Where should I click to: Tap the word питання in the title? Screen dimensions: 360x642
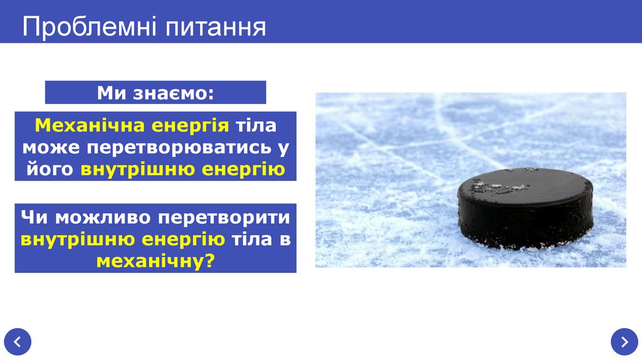click(215, 27)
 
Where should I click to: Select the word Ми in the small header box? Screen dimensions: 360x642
click(112, 93)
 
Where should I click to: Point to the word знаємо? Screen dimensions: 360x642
click(173, 93)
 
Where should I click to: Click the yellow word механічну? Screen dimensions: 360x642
click(155, 261)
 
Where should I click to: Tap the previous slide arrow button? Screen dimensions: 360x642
click(17, 342)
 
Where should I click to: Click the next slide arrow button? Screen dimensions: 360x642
click(624, 342)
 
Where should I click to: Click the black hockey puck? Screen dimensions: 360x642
click(525, 213)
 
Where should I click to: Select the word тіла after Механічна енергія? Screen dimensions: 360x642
click(255, 125)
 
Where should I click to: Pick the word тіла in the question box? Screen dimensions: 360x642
click(252, 239)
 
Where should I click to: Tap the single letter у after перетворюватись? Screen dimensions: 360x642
click(284, 147)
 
